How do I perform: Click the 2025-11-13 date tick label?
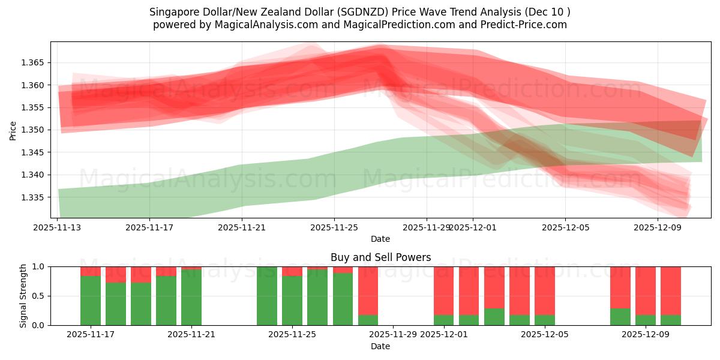pyautogui.click(x=58, y=227)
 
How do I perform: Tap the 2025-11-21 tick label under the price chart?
pyautogui.click(x=241, y=227)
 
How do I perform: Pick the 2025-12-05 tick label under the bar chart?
pyautogui.click(x=544, y=335)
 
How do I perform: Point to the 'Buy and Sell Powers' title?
pyautogui.click(x=380, y=257)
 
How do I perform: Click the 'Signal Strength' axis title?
pyautogui.click(x=23, y=296)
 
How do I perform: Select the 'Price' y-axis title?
pyautogui.click(x=13, y=130)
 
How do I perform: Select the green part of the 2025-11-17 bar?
pyautogui.click(x=91, y=300)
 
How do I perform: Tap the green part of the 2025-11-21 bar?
pyautogui.click(x=191, y=297)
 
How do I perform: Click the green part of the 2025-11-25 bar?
pyautogui.click(x=292, y=300)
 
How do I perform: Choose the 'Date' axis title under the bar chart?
pyautogui.click(x=380, y=346)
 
